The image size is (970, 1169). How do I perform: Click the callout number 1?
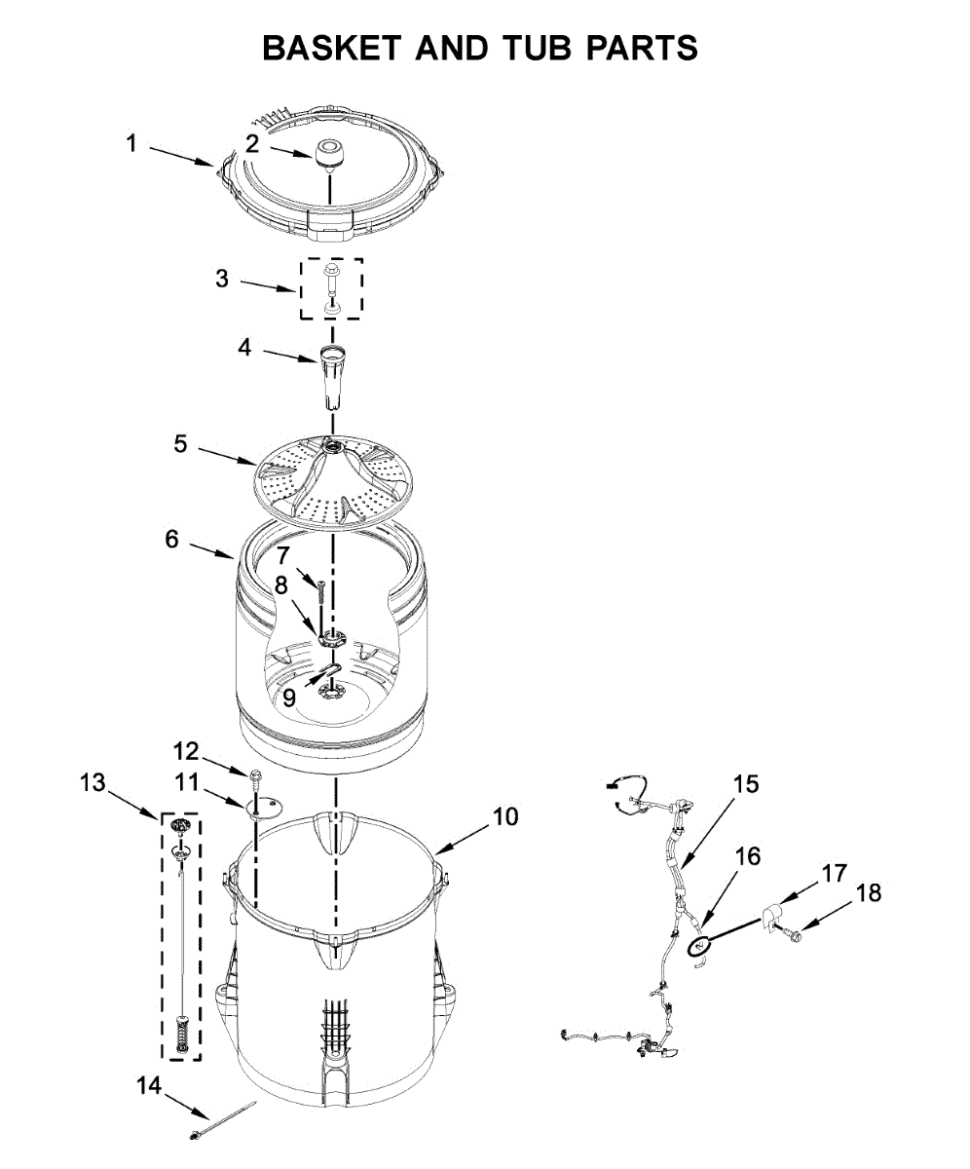tap(131, 144)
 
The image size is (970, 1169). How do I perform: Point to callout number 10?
tap(504, 816)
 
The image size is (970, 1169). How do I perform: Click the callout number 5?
tap(180, 443)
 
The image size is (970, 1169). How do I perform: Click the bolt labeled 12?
tap(255, 778)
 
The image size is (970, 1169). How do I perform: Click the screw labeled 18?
tap(794, 935)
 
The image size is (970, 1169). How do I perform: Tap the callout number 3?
tap(222, 279)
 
